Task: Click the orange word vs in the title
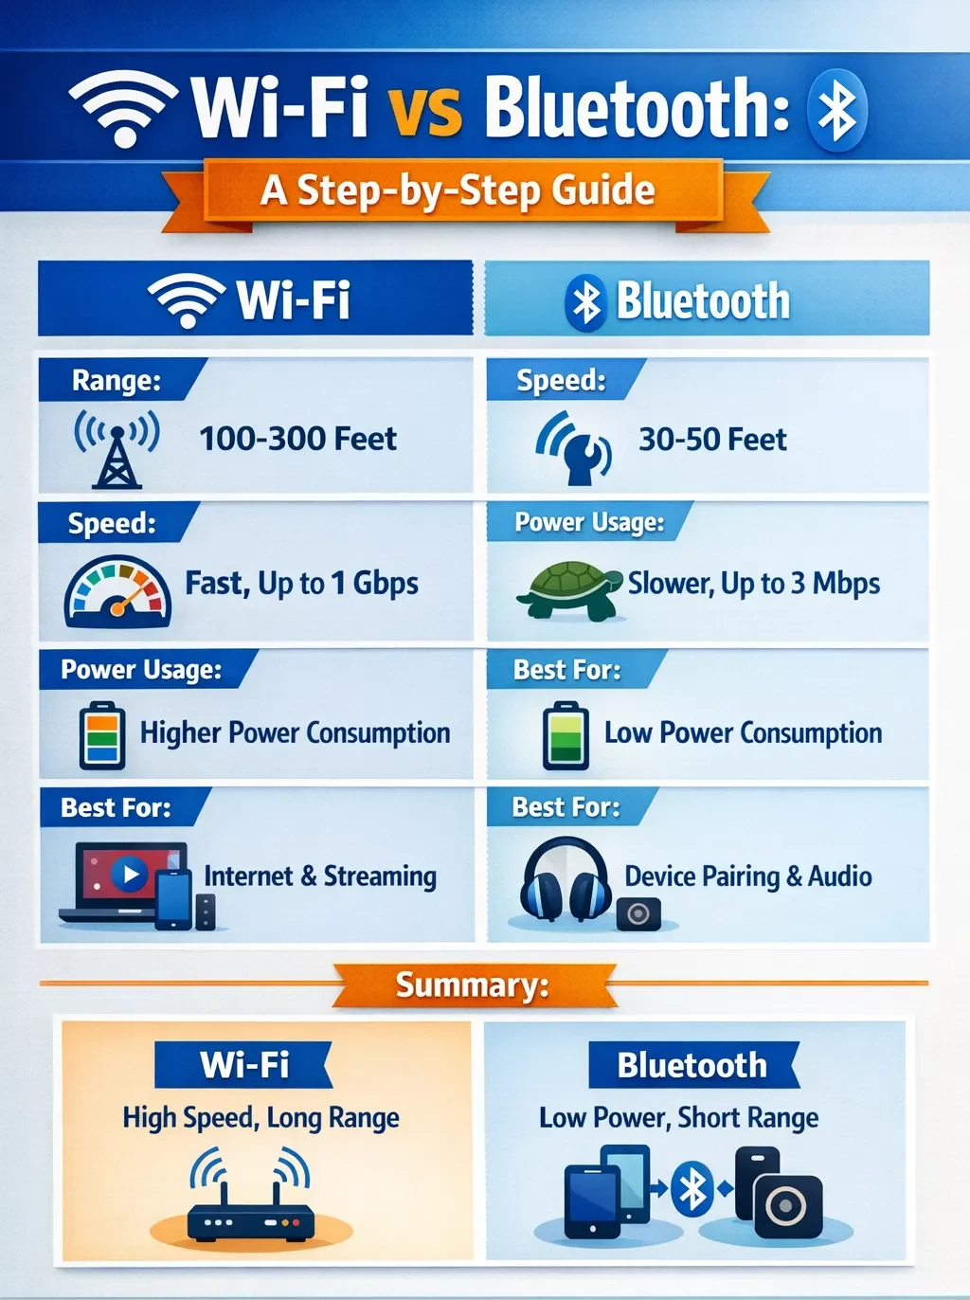point(425,111)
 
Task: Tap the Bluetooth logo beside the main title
point(836,110)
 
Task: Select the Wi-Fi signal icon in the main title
point(124,106)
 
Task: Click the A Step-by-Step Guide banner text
point(458,190)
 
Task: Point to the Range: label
point(117,380)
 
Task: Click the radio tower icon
point(117,449)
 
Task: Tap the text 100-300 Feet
point(297,439)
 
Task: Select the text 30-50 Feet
point(712,440)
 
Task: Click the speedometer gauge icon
point(117,593)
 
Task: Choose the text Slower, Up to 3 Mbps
point(754,584)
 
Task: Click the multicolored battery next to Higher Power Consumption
point(101,735)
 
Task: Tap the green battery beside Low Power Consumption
point(566,735)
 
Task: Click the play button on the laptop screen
point(130,874)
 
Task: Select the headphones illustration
point(565,879)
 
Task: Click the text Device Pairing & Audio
point(748,876)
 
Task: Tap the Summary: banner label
point(472,985)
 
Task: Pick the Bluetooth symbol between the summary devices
point(692,1189)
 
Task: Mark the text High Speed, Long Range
point(260,1118)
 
